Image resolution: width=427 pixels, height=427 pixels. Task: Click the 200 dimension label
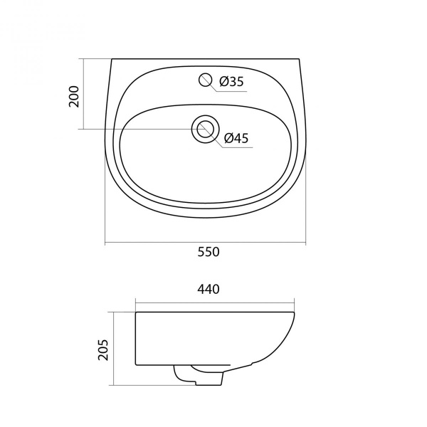click(x=74, y=96)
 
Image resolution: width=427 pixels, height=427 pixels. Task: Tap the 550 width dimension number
click(x=209, y=252)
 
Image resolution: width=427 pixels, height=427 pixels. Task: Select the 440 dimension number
click(x=209, y=289)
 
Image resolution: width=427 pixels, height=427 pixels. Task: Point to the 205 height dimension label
click(x=103, y=349)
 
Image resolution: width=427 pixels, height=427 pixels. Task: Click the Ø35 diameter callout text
click(x=231, y=81)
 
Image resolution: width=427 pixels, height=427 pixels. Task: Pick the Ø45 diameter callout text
click(x=236, y=138)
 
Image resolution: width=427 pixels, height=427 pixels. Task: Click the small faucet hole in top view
click(x=206, y=80)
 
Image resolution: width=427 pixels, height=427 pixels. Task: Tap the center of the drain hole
click(x=206, y=129)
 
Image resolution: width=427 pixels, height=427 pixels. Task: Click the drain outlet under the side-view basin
click(x=199, y=375)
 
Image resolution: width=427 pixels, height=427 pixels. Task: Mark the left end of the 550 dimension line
click(x=105, y=242)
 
